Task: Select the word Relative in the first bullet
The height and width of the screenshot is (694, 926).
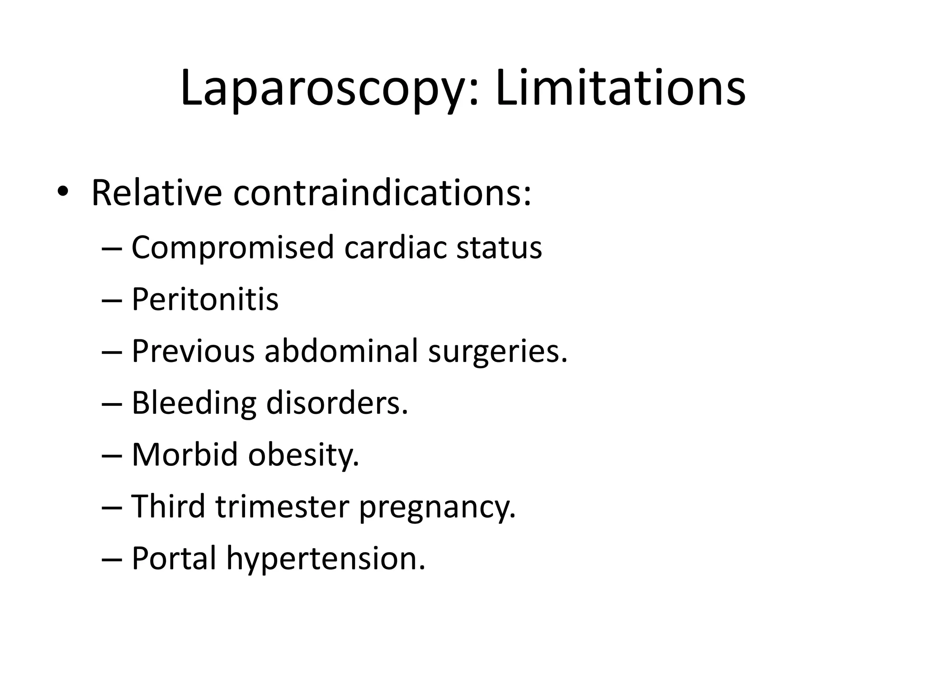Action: click(x=156, y=193)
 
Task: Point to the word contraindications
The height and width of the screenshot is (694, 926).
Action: click(x=382, y=193)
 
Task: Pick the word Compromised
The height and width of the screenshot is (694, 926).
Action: click(x=232, y=248)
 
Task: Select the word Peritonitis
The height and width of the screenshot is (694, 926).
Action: click(x=205, y=299)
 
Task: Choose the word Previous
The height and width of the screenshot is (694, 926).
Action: click(x=193, y=351)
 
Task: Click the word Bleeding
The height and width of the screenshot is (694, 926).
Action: click(x=194, y=403)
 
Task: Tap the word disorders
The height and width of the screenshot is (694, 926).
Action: click(x=337, y=403)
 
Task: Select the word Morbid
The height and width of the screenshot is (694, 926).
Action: click(x=185, y=455)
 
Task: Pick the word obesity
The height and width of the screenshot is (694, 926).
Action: click(x=303, y=455)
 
